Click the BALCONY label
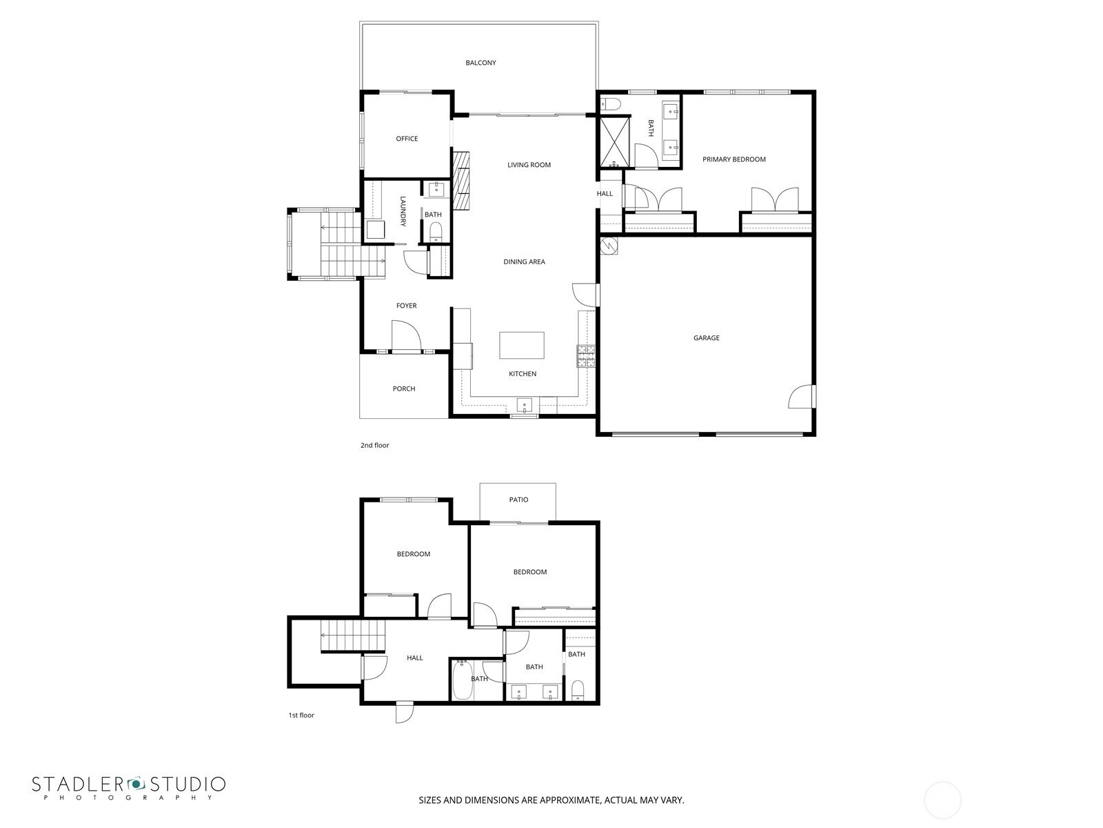tap(480, 63)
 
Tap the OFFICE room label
tap(407, 139)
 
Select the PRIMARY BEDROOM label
tap(733, 159)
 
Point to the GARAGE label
tap(706, 338)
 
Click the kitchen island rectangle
tap(521, 345)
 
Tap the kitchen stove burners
tap(585, 356)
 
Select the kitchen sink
tap(524, 405)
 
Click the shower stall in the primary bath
tap(614, 141)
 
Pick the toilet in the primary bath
tap(611, 104)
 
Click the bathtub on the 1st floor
tap(463, 681)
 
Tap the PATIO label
tap(518, 500)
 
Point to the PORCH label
tap(403, 388)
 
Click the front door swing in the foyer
tap(406, 336)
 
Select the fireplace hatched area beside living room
tap(461, 181)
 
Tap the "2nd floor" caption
tap(374, 445)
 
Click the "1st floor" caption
tap(301, 715)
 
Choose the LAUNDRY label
tap(403, 211)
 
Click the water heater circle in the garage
tap(609, 246)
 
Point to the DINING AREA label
tap(524, 262)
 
